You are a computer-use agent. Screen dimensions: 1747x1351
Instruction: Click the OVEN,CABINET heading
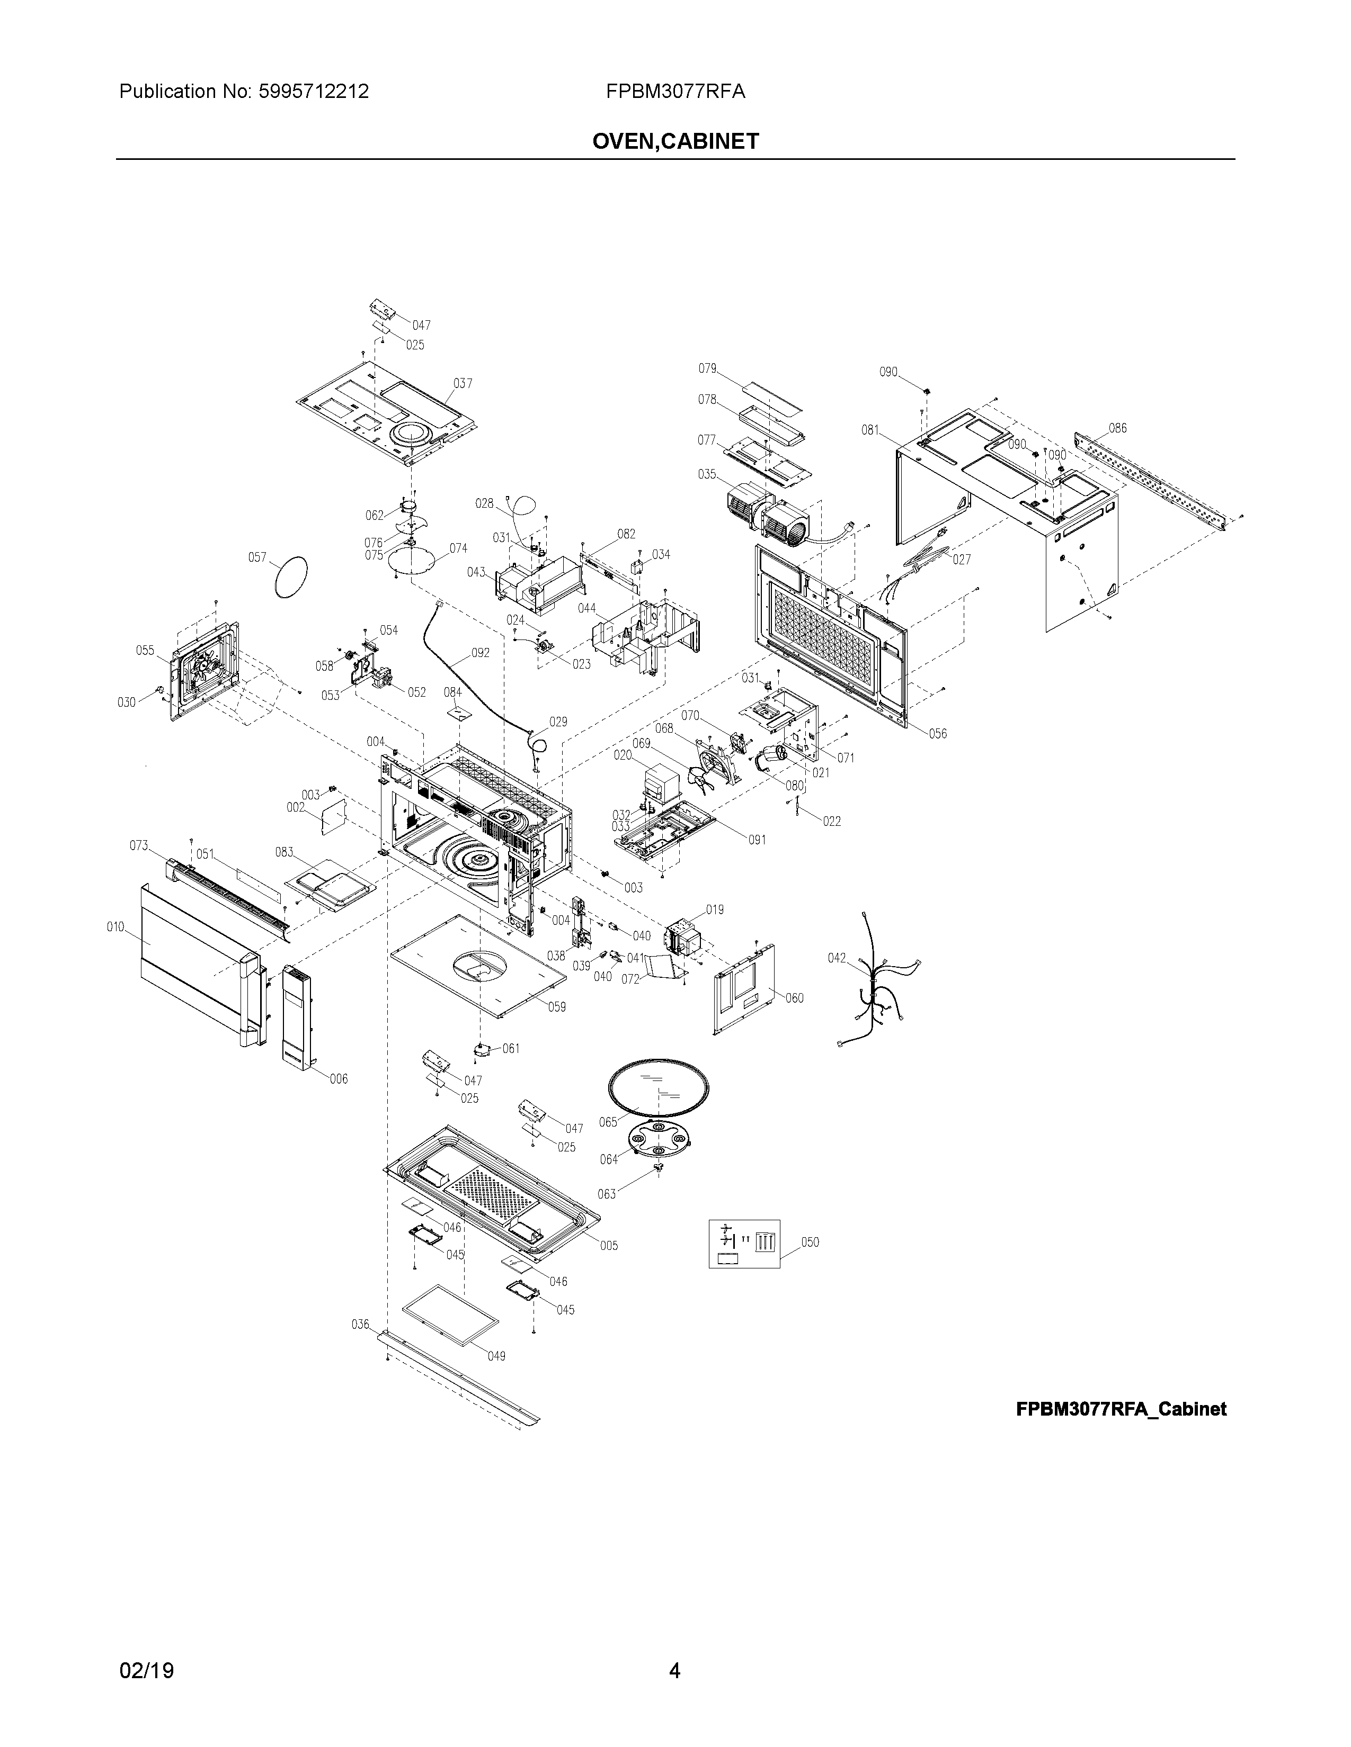pos(674,141)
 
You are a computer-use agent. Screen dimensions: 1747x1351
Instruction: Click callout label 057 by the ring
pos(257,557)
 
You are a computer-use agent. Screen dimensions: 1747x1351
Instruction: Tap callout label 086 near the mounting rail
pos(1117,428)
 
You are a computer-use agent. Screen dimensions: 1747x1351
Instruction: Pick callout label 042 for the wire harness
pos(837,958)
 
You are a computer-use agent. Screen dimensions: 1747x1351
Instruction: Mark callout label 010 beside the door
pos(116,927)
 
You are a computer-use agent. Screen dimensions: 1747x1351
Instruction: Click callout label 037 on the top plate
pos(463,383)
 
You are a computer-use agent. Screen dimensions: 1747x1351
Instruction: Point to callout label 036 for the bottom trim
pos(360,1325)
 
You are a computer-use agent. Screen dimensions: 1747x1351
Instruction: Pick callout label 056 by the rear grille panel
pos(937,734)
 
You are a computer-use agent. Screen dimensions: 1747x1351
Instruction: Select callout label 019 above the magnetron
pos(715,909)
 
